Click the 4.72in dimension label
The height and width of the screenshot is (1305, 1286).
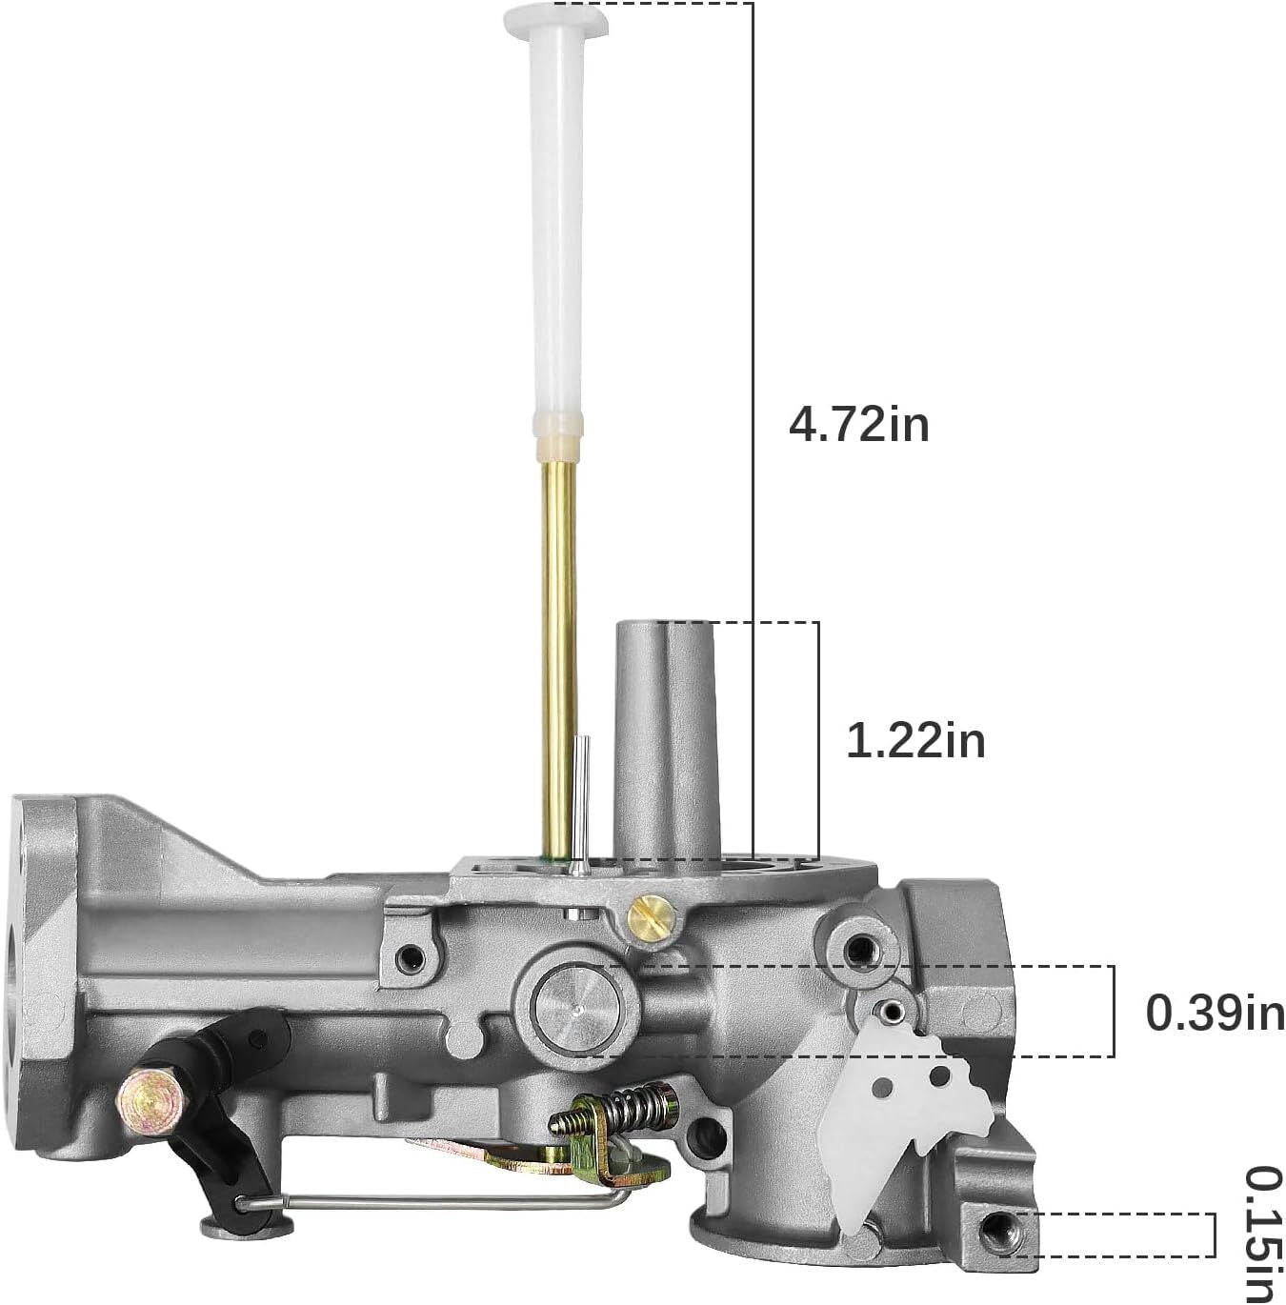tap(858, 425)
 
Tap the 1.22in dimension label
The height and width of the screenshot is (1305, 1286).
tap(916, 740)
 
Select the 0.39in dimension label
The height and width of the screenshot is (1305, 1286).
tap(1216, 1014)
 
